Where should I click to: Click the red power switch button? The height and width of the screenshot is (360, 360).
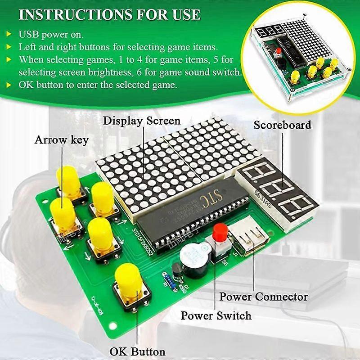220,232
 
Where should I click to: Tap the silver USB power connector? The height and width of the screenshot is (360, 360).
248,237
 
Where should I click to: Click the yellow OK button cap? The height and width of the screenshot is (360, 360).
129,279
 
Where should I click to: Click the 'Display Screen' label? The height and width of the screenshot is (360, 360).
142,121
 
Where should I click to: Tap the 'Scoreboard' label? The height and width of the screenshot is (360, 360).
282,125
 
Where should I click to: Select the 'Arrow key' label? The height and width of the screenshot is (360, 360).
62,140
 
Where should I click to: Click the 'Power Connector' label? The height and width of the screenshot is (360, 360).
263,297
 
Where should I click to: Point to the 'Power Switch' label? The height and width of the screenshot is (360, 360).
216,315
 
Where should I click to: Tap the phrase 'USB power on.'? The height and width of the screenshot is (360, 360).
49,34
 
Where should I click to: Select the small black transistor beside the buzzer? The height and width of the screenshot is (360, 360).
176,270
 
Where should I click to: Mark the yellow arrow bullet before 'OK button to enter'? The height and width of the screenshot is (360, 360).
9,84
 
